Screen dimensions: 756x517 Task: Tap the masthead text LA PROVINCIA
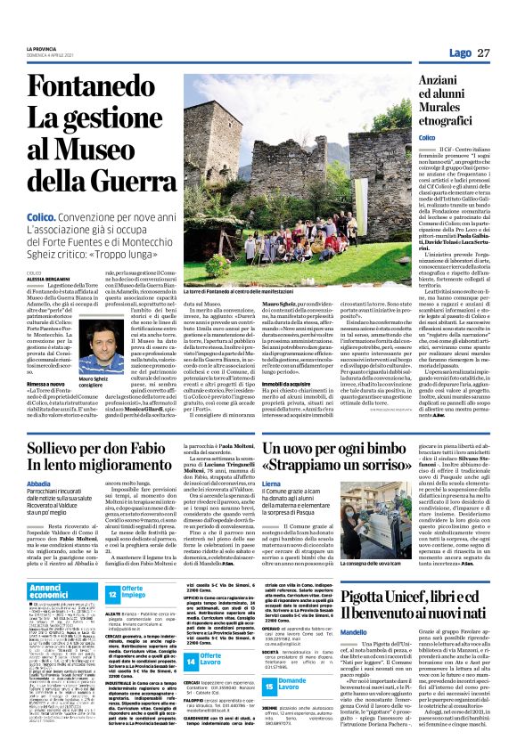(42, 47)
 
